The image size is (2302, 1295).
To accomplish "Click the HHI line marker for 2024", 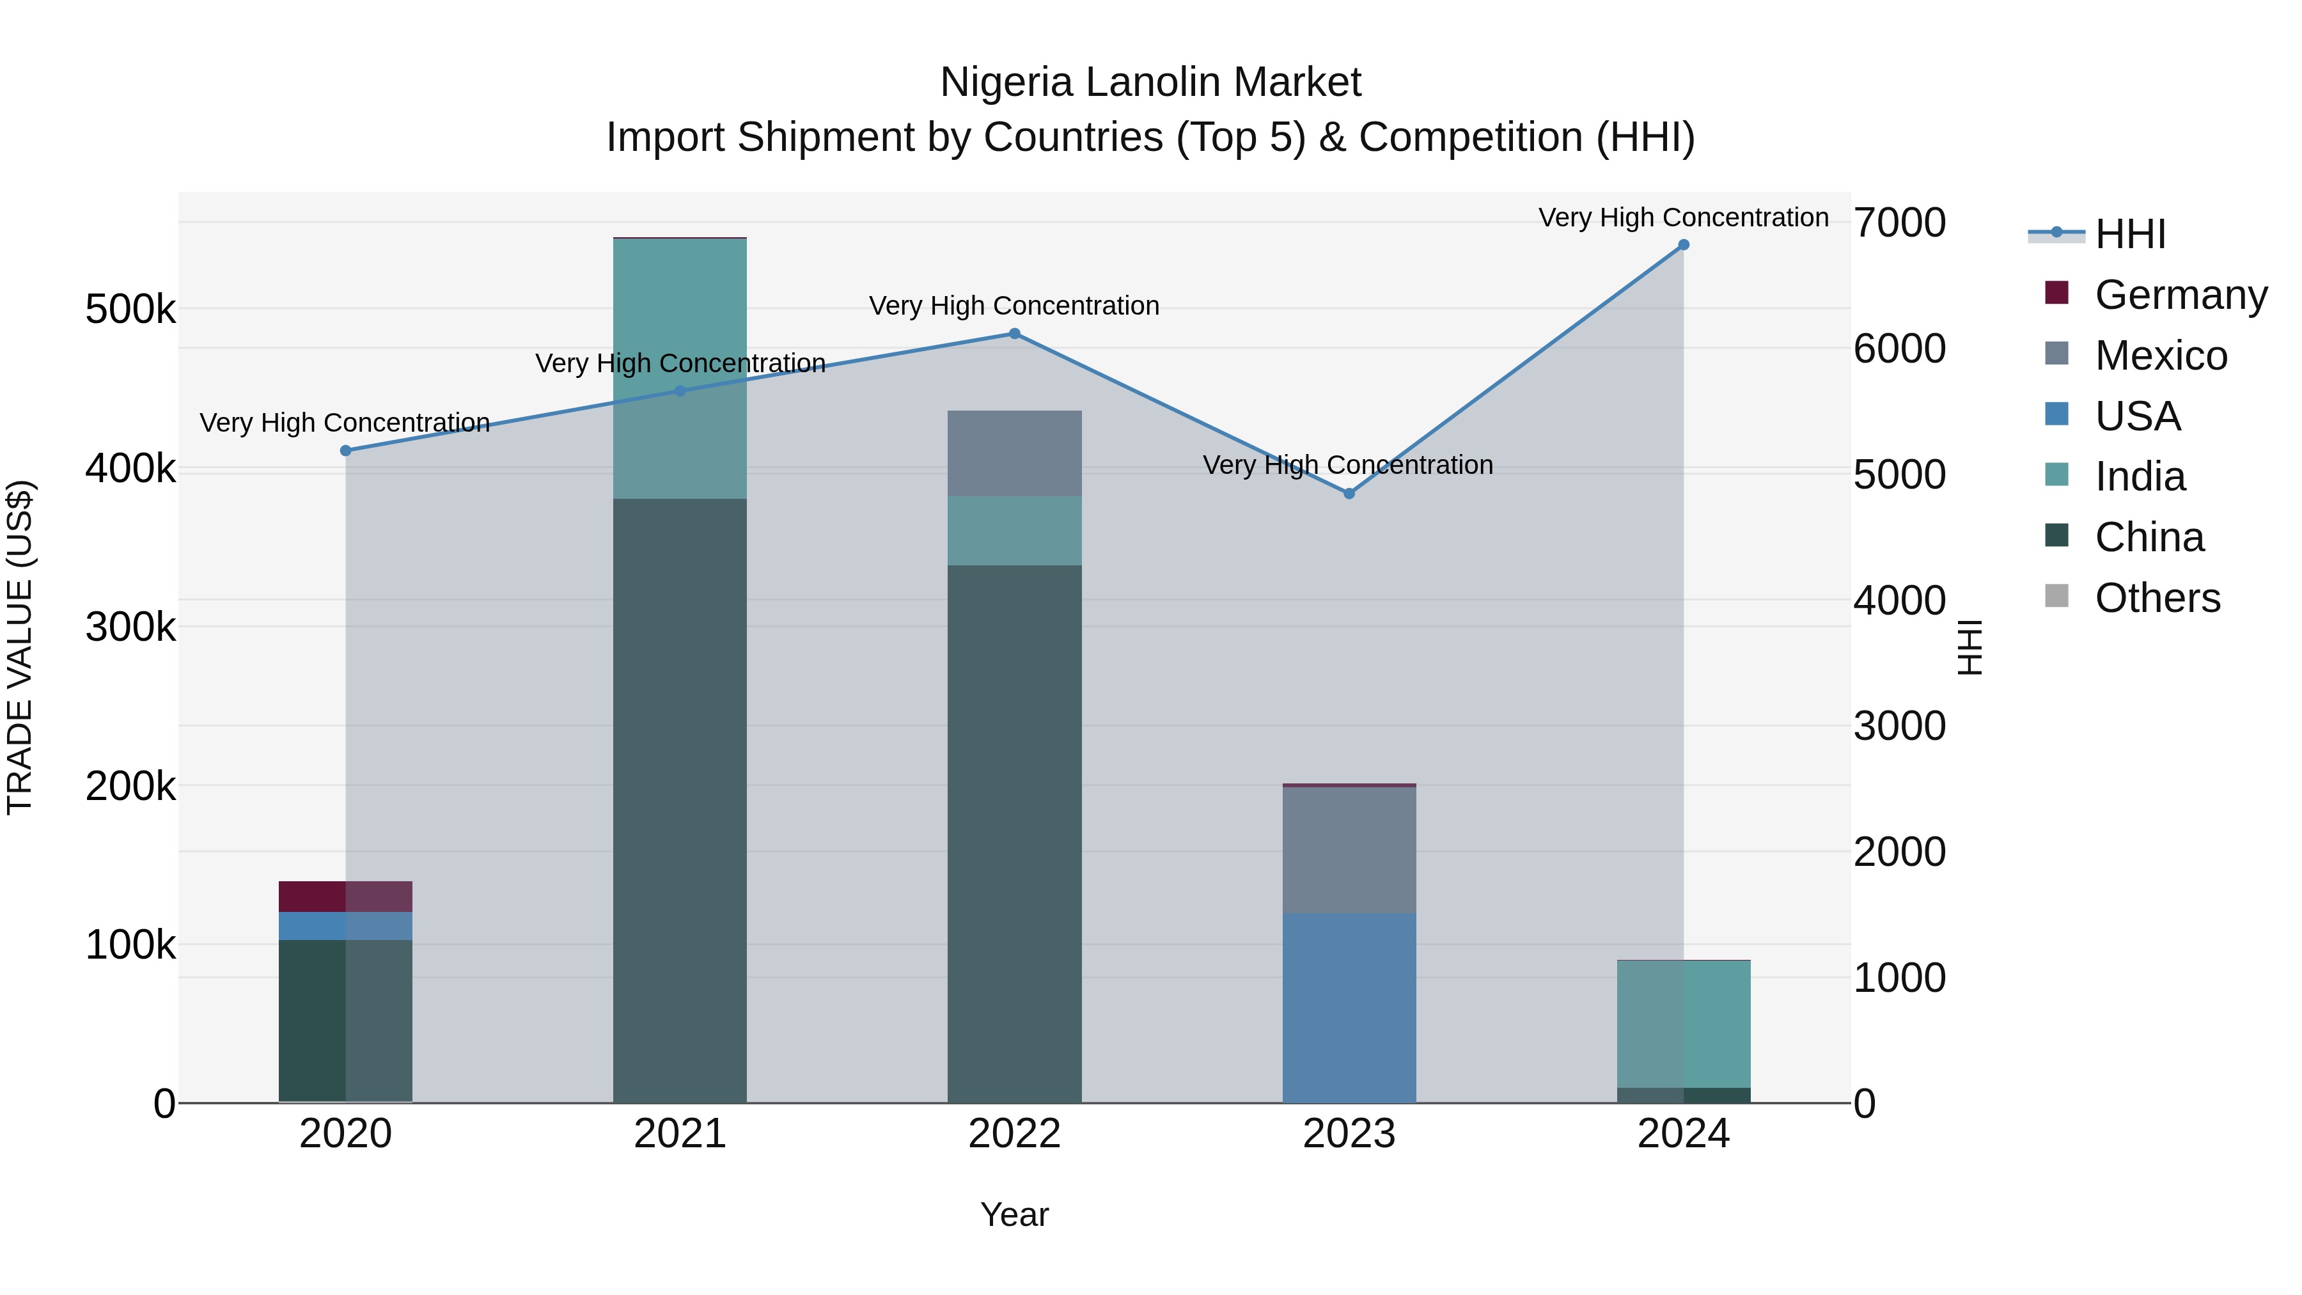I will pyautogui.click(x=1683, y=245).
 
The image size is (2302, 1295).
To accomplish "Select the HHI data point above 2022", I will pyautogui.click(x=1014, y=334).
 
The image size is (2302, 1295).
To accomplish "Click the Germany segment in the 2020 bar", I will pyautogui.click(x=346, y=897).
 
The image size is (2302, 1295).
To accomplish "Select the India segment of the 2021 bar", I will pyautogui.click(x=680, y=368).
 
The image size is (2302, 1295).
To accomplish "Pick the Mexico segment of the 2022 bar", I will pyautogui.click(x=1014, y=453).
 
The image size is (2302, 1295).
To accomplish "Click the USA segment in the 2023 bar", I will pyautogui.click(x=1349, y=1007).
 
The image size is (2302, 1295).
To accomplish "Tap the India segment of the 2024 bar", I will pyautogui.click(x=1684, y=1023).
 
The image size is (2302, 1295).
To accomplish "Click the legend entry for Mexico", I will pyautogui.click(x=2160, y=356).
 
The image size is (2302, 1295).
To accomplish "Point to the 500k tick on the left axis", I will pyautogui.click(x=130, y=310).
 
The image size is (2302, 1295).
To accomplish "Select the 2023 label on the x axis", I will pyautogui.click(x=1349, y=1134).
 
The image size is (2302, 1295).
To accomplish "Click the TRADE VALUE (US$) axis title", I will pyautogui.click(x=20, y=647).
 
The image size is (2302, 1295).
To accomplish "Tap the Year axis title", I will pyautogui.click(x=1014, y=1214).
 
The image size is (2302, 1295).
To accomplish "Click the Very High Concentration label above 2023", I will pyautogui.click(x=1347, y=465).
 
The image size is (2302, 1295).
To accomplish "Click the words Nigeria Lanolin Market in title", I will pyautogui.click(x=1150, y=82).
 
